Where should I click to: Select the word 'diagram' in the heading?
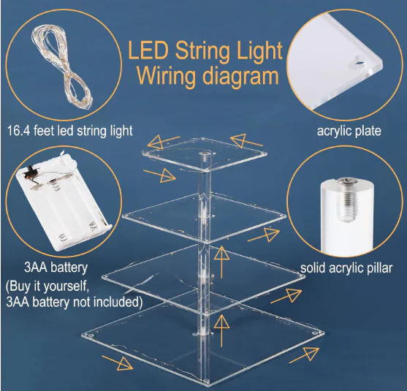pos(240,76)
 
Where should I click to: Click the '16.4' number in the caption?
pos(18,130)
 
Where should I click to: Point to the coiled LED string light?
pos(62,67)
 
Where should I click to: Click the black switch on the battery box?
pos(31,170)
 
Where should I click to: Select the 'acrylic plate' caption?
pos(349,131)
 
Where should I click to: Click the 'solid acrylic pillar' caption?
pos(346,268)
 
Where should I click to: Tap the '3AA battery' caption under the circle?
pos(56,267)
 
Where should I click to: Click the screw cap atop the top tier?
pos(205,154)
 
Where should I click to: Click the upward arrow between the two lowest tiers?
pos(221,330)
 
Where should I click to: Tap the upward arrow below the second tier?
pos(221,262)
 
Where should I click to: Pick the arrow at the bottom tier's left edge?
pos(118,363)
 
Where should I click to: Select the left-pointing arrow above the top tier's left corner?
pos(164,142)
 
